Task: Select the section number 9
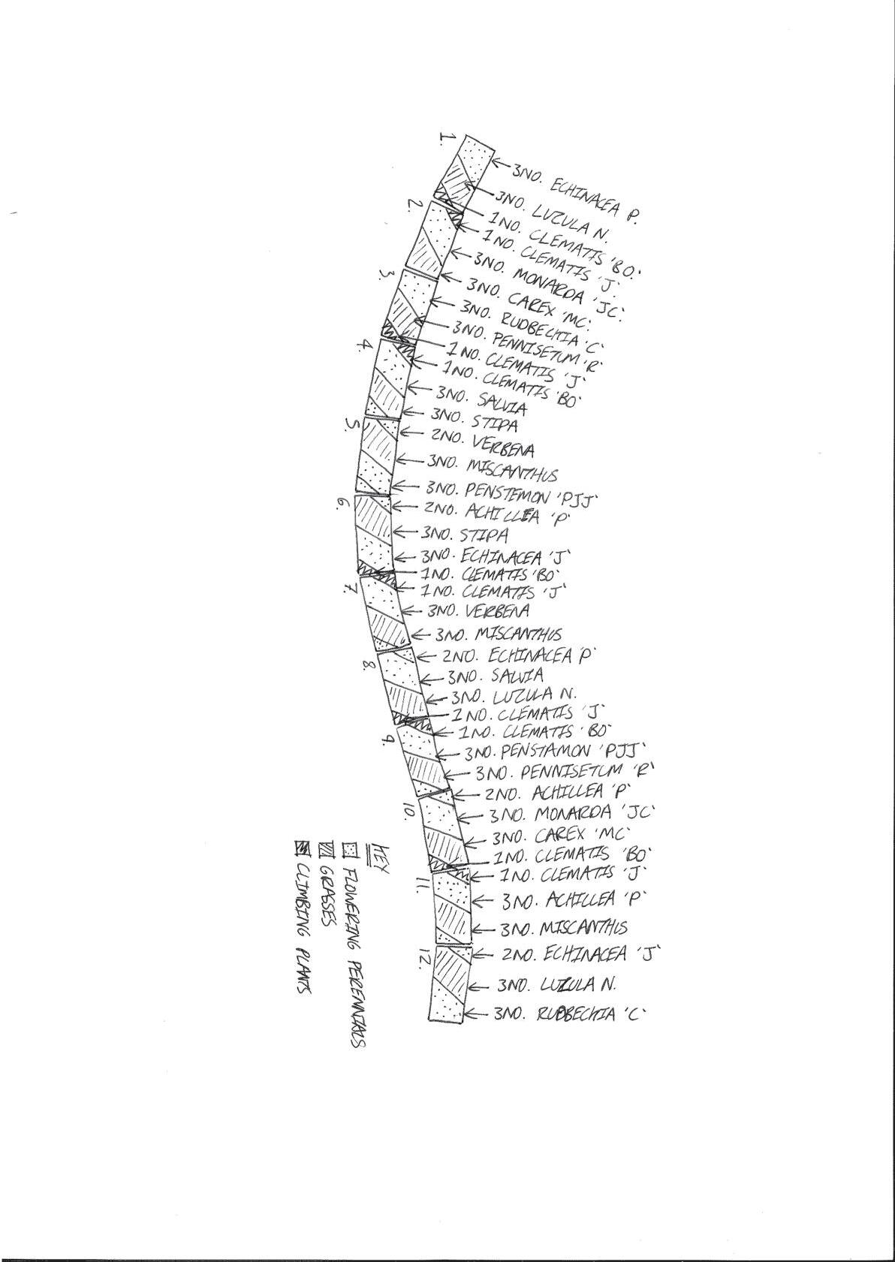pos(388,739)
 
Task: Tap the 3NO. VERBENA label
pos(478,610)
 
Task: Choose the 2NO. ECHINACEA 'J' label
pos(580,955)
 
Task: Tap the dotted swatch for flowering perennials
pos(349,850)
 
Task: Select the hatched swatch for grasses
pos(325,849)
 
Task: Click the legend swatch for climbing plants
pos(302,848)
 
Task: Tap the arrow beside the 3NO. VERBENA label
pos(414,610)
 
